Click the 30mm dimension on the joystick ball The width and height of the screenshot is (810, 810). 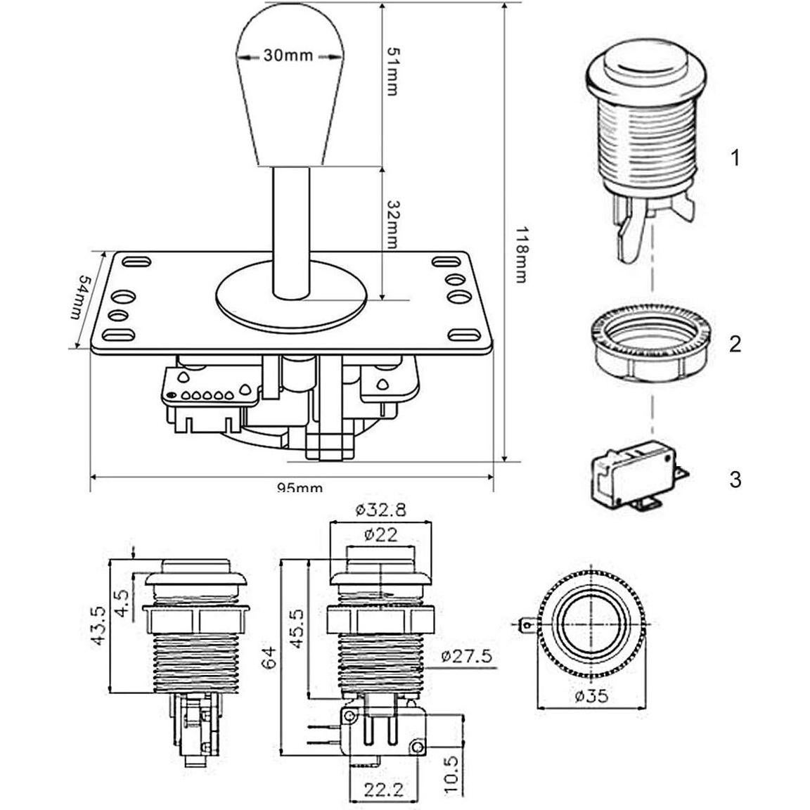click(x=288, y=55)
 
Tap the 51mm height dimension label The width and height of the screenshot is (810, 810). click(x=392, y=71)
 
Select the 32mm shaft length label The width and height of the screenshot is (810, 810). click(x=392, y=224)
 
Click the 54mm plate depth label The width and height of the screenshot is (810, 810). click(x=82, y=297)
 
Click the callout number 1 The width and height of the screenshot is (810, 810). click(x=735, y=157)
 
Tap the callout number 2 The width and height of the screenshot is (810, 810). click(x=735, y=344)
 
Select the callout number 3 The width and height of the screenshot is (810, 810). click(x=735, y=480)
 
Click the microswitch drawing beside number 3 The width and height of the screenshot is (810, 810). click(x=638, y=475)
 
